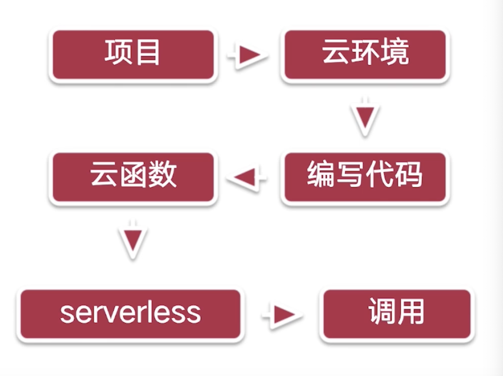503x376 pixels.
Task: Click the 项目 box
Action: pyautogui.click(x=133, y=55)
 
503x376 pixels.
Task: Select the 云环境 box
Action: pyautogui.click(x=364, y=55)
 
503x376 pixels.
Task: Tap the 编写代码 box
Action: pyautogui.click(x=364, y=177)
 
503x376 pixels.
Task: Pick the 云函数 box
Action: pyautogui.click(x=133, y=177)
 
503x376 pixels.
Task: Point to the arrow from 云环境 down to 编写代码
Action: pyautogui.click(x=365, y=117)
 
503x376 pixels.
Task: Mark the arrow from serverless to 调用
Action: pyautogui.click(x=282, y=314)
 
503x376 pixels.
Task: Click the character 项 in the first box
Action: pyautogui.click(x=118, y=52)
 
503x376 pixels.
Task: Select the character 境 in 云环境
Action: pyautogui.click(x=395, y=52)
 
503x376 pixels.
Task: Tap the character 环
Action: pyautogui.click(x=365, y=52)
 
